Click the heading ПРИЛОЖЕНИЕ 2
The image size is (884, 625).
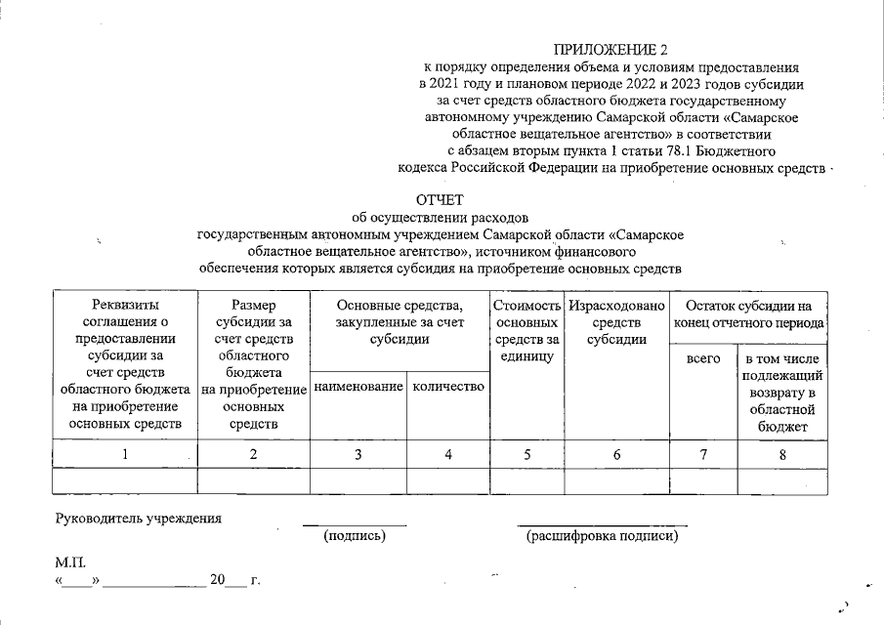613,50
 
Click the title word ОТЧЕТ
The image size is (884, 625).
441,200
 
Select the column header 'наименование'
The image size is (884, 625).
358,388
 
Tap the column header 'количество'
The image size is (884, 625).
448,388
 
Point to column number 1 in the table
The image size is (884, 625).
124,453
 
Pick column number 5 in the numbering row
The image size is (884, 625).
526,453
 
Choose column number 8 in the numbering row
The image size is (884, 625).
781,453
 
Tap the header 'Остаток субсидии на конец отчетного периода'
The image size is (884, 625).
748,313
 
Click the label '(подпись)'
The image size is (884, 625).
355,536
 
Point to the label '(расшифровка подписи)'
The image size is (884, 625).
601,536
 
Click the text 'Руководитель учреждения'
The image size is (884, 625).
138,518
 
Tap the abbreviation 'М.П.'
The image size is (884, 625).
72,562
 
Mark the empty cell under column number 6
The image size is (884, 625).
616,481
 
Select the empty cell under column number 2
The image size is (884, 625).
253,481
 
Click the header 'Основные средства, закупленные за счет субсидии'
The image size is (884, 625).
399,322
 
